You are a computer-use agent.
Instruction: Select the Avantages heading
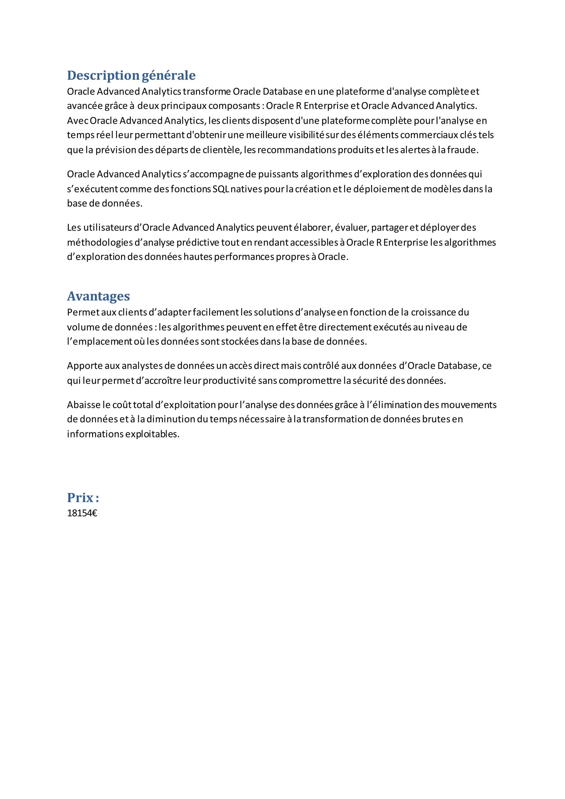[98, 296]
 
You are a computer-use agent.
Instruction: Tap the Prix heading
[83, 498]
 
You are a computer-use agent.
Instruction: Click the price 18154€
[82, 513]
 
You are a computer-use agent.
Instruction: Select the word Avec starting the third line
[78, 121]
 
